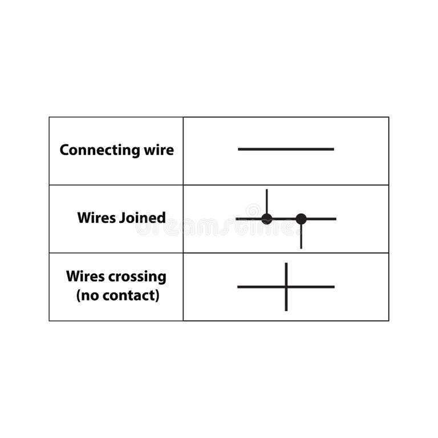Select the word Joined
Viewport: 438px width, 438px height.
[143, 218]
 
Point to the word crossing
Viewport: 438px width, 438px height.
[139, 277]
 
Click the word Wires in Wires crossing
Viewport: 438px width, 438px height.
[86, 277]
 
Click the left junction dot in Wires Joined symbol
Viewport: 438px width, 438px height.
[266, 218]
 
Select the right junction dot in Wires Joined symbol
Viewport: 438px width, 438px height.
[301, 218]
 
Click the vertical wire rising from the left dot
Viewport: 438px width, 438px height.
[266, 201]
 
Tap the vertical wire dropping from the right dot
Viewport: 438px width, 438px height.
[301, 237]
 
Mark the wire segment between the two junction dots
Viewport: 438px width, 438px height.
[283, 218]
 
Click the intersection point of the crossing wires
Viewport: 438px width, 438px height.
[286, 286]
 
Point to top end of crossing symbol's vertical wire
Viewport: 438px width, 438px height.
[286, 264]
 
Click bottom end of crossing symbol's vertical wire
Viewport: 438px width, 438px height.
[286, 310]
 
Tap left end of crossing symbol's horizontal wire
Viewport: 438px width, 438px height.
[239, 286]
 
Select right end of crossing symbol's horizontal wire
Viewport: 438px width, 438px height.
[333, 286]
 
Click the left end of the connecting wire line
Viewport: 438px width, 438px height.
[240, 149]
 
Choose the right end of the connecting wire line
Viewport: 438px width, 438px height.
[332, 149]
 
